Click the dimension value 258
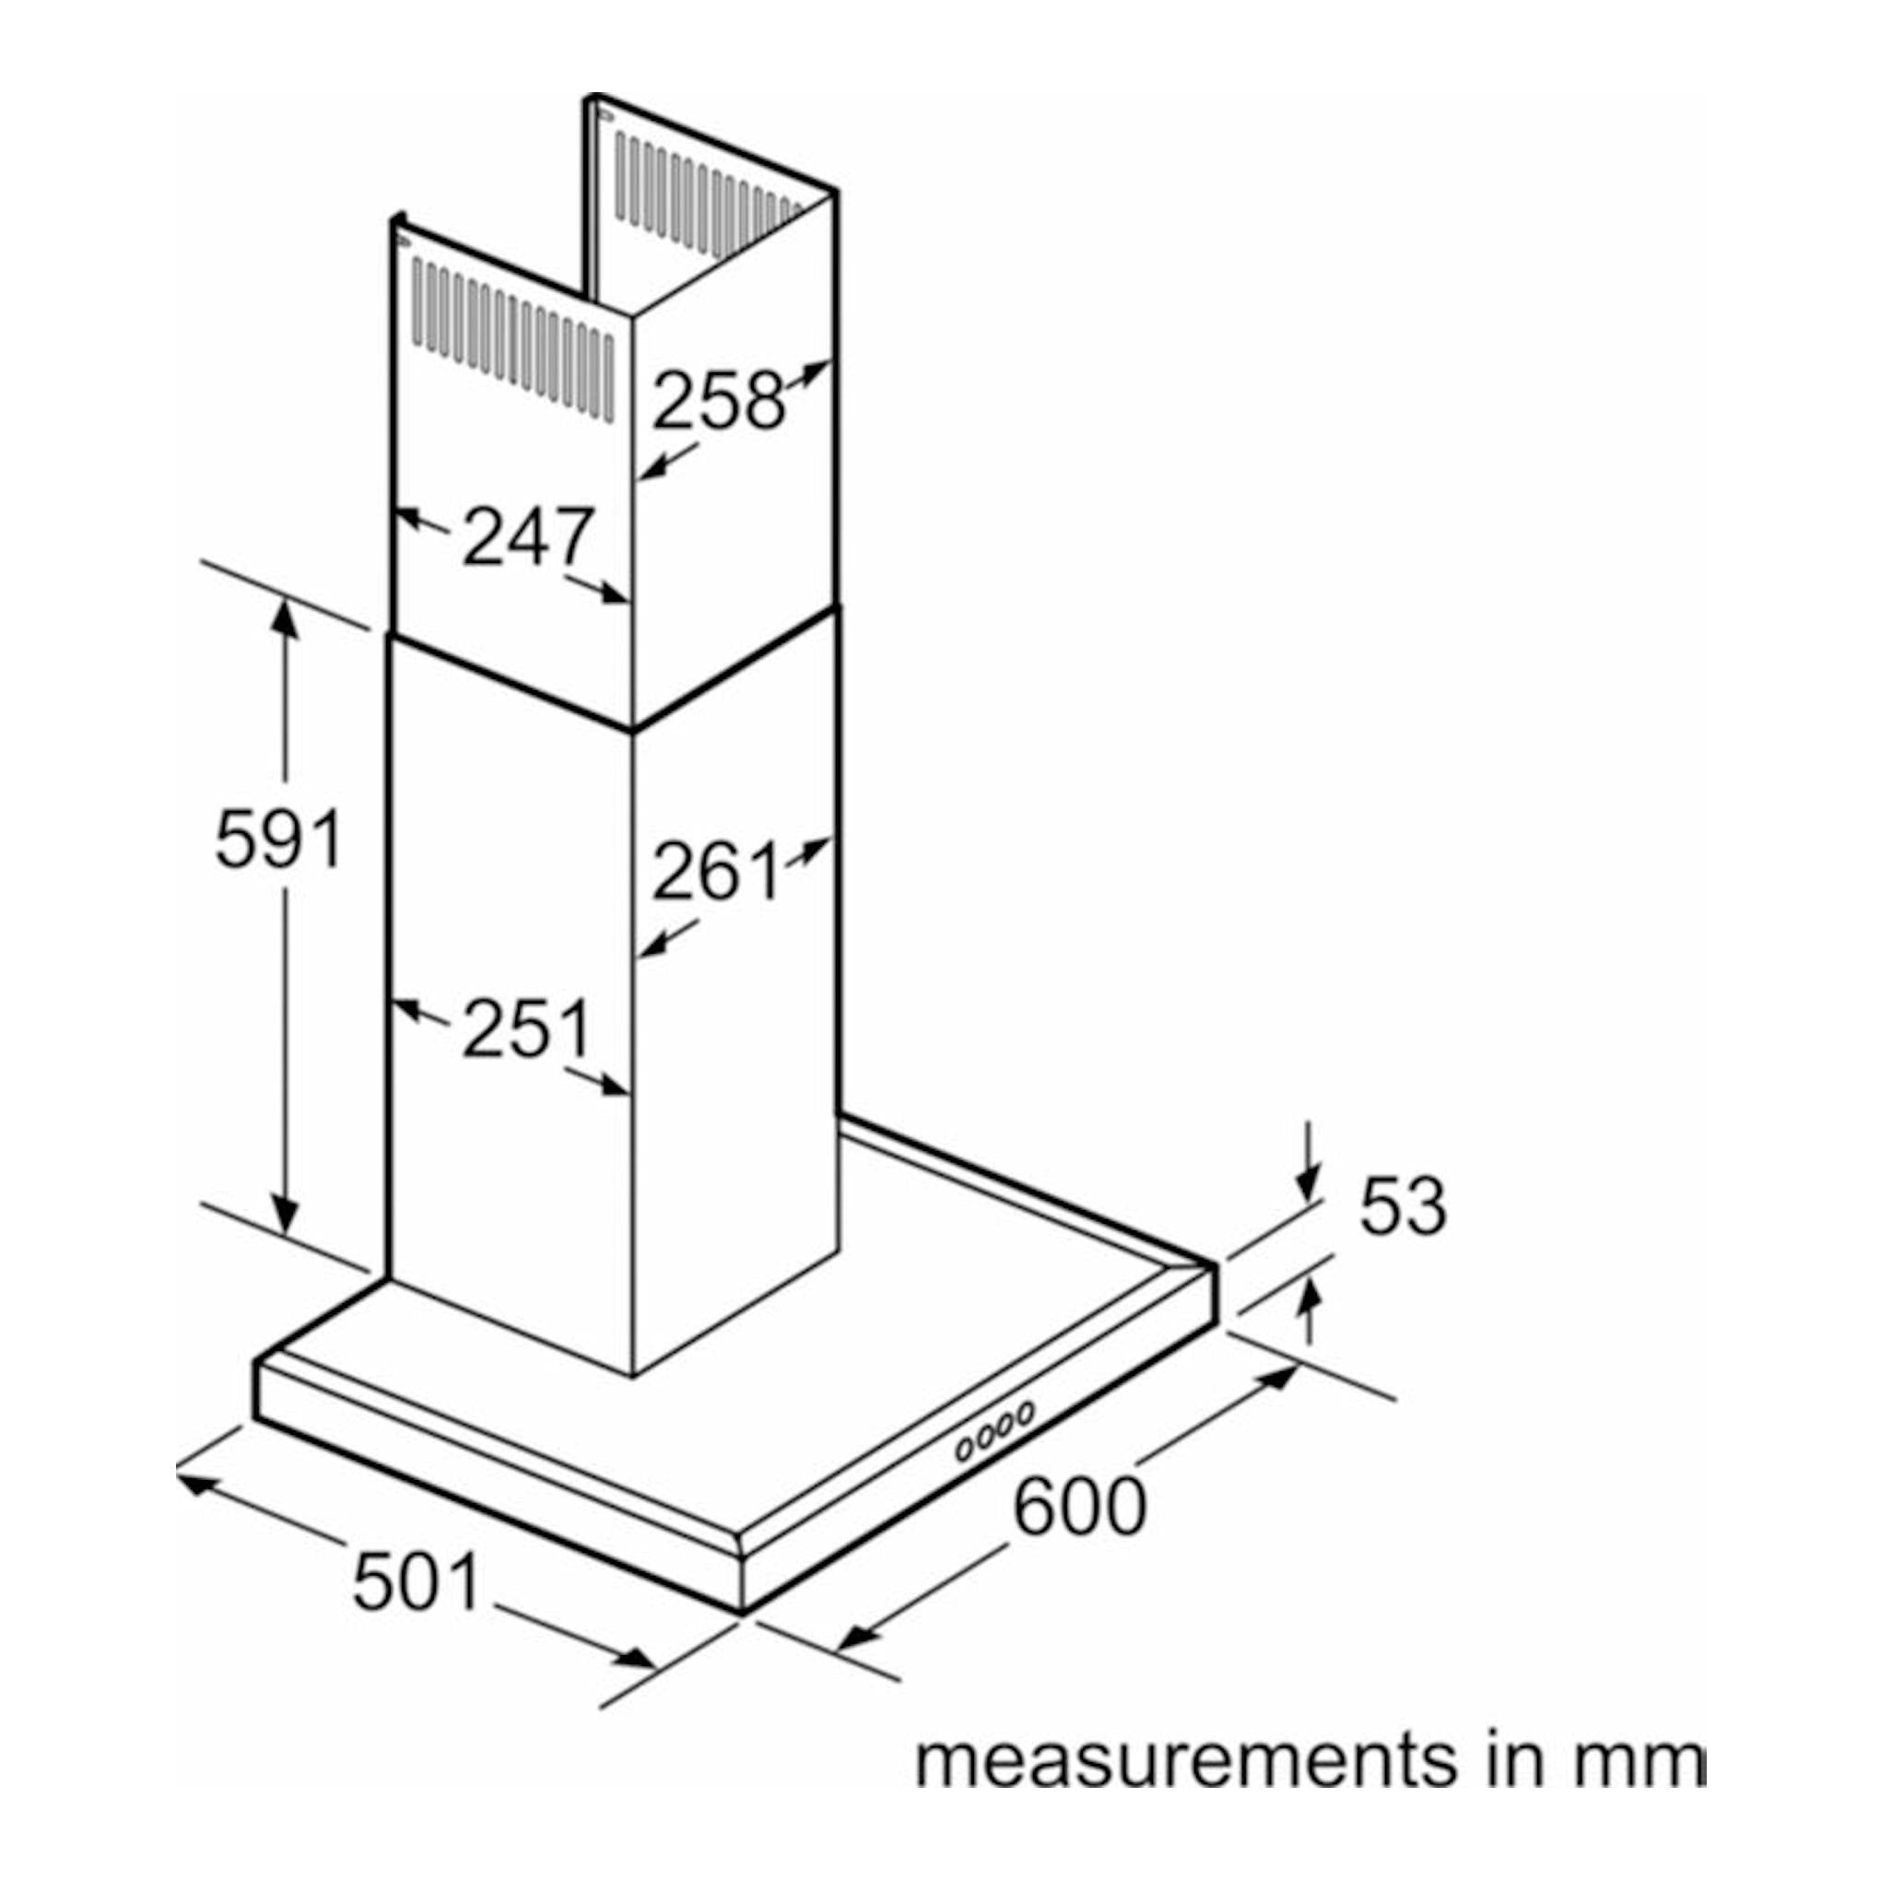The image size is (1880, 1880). pyautogui.click(x=718, y=400)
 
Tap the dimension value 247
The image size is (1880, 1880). pyautogui.click(x=527, y=536)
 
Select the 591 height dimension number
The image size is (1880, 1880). pyautogui.click(x=278, y=839)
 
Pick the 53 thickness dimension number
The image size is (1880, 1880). pyautogui.click(x=1404, y=1206)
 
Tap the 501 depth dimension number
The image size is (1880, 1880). pyautogui.click(x=417, y=1583)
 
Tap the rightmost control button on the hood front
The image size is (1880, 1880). pyautogui.click(x=1025, y=1412)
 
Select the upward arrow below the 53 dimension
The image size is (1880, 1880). pyautogui.click(x=1310, y=1312)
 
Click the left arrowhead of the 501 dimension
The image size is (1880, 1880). pyautogui.click(x=198, y=1484)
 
